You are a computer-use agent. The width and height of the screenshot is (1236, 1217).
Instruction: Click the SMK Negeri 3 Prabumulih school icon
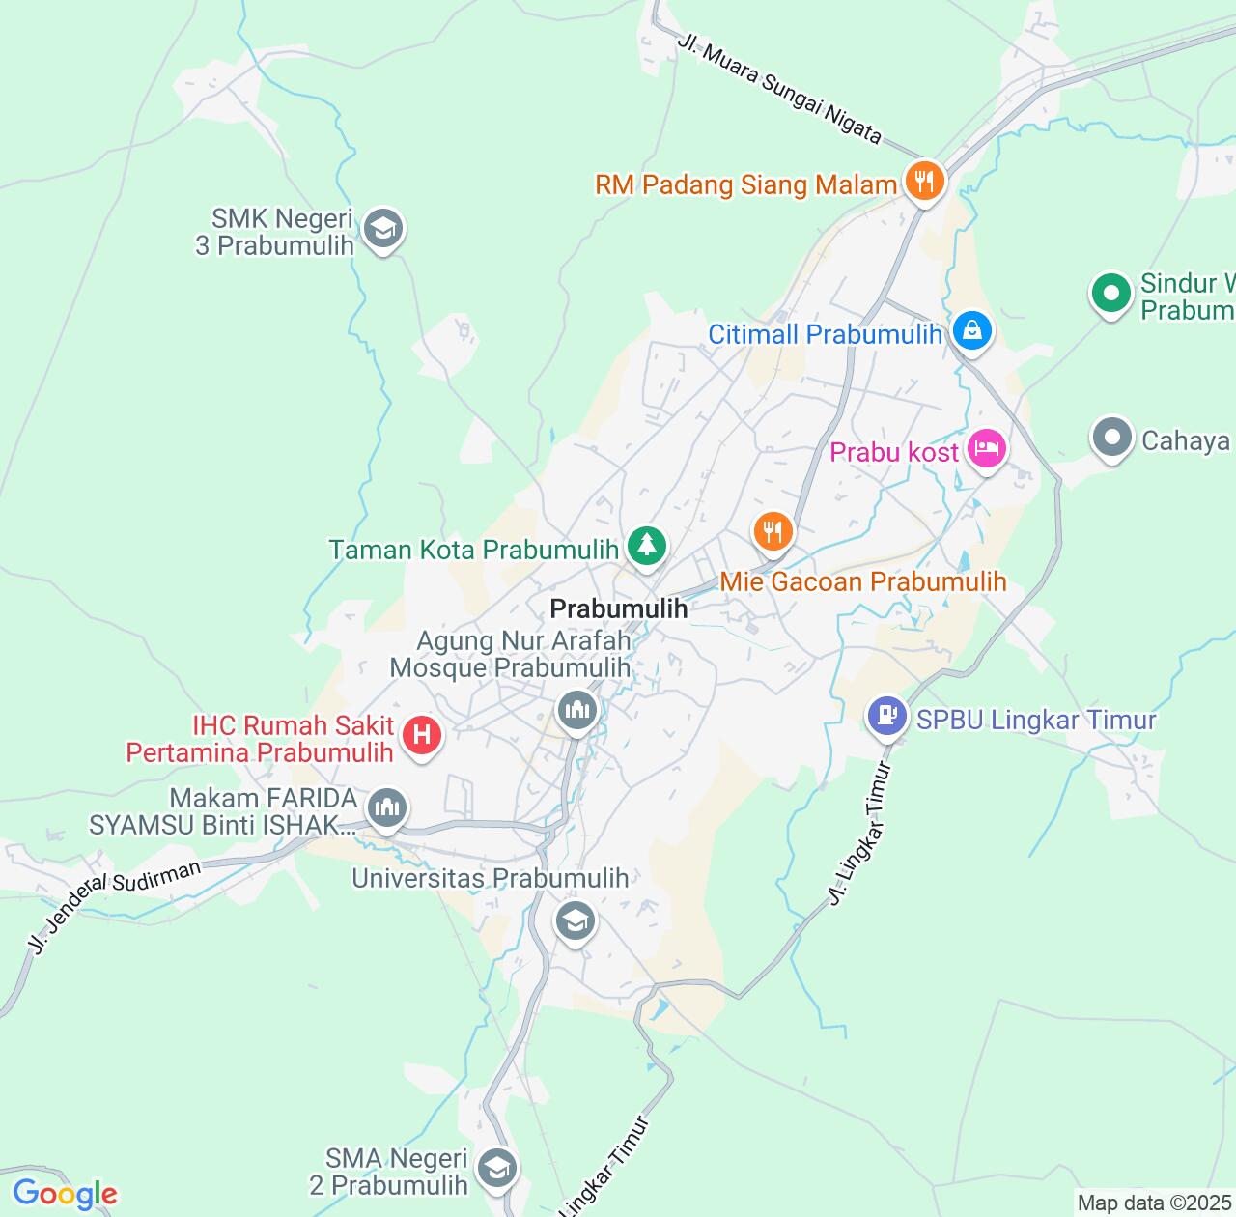point(383,229)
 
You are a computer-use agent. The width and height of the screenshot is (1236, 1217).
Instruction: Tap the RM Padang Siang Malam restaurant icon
point(924,180)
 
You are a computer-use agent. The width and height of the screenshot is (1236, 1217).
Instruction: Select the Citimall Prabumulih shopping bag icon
point(972,331)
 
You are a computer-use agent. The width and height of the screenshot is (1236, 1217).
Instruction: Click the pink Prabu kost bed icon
point(987,448)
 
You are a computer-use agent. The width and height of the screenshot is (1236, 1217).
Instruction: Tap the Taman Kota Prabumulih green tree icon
point(647,546)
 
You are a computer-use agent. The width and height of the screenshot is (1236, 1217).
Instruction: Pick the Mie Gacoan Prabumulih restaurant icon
point(772,531)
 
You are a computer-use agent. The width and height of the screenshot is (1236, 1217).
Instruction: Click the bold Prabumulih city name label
point(618,608)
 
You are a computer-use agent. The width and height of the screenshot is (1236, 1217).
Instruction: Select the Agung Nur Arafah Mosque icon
point(577,711)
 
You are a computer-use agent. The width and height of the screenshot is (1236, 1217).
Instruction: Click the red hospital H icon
point(421,735)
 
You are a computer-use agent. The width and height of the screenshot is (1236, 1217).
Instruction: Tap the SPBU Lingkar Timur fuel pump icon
point(886,716)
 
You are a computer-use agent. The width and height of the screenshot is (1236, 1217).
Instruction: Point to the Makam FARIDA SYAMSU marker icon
point(387,807)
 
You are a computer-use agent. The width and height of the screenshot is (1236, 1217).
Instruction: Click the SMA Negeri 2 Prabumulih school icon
point(497,1169)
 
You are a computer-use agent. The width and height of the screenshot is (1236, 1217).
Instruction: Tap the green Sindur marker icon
point(1111,293)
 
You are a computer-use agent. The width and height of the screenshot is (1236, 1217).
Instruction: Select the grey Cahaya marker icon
point(1111,438)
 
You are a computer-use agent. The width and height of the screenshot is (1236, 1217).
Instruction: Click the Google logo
point(65,1194)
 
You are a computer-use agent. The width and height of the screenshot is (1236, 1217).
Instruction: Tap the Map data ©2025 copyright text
point(1155,1203)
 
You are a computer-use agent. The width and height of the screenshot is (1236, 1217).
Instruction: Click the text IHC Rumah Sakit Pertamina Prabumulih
point(260,739)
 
